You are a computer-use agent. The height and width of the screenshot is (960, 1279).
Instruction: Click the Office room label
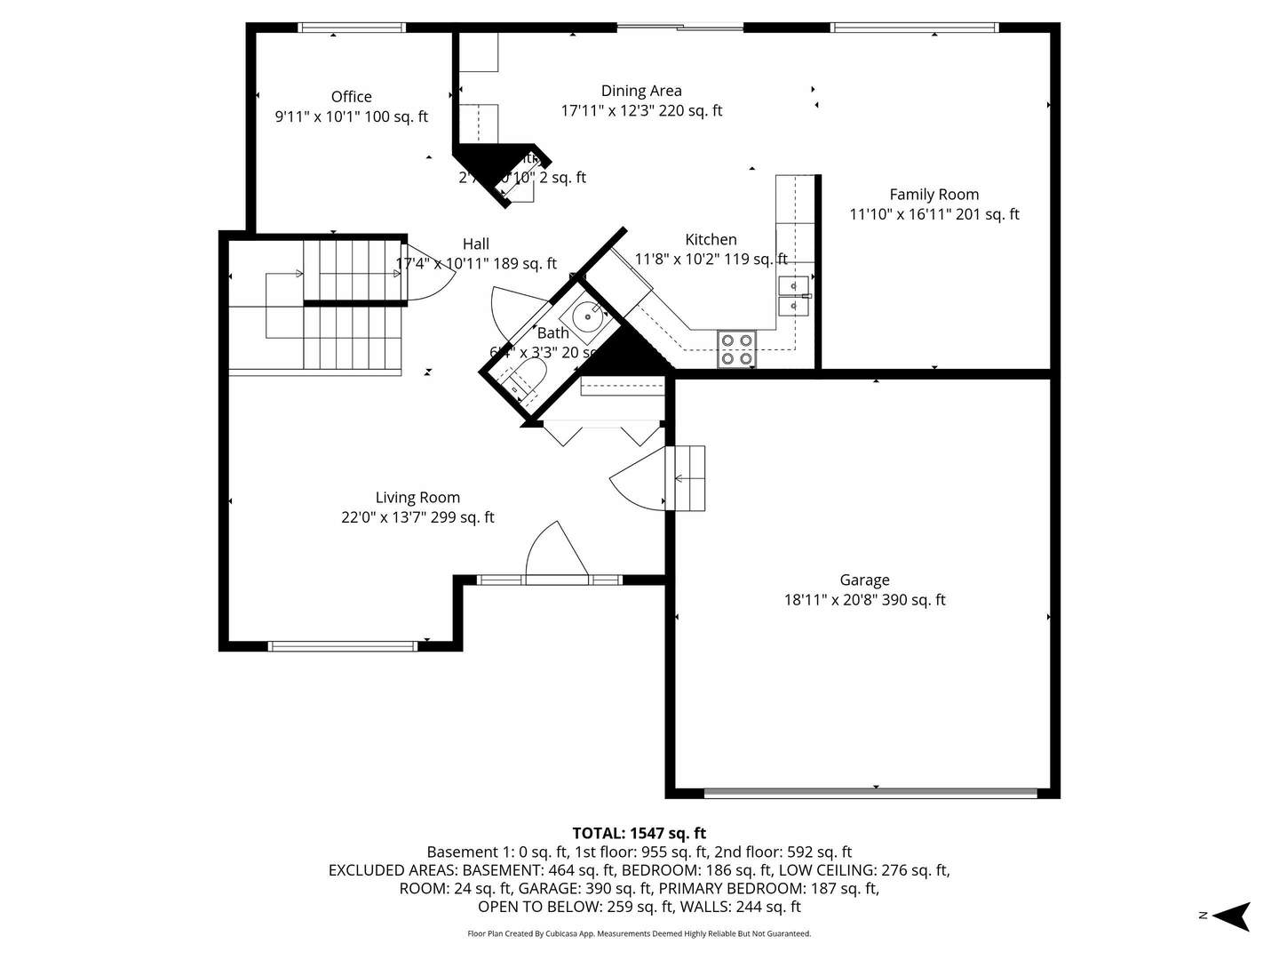point(351,97)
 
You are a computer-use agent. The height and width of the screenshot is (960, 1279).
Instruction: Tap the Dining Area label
point(641,91)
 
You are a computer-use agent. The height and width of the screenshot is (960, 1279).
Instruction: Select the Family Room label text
point(934,195)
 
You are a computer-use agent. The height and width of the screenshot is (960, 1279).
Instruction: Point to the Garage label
point(864,580)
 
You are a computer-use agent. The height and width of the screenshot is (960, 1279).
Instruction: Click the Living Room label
point(417,498)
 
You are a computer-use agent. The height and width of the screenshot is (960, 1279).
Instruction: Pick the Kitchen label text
point(711,240)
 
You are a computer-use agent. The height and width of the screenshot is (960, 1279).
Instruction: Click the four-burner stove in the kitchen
point(736,348)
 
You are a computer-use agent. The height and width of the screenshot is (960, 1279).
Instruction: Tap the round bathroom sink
point(587,316)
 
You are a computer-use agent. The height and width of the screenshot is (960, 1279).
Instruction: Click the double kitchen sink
point(793,296)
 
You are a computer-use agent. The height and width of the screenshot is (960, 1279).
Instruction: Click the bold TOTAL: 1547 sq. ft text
point(639,833)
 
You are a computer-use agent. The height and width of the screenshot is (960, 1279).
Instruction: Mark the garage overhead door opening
point(870,791)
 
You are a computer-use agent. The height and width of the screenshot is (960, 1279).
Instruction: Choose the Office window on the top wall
point(353,28)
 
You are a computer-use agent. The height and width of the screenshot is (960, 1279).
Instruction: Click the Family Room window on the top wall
point(914,28)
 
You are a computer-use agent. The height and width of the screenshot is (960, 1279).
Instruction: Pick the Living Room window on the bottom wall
point(342,646)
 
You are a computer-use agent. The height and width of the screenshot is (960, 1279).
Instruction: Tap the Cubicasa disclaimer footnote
point(639,934)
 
